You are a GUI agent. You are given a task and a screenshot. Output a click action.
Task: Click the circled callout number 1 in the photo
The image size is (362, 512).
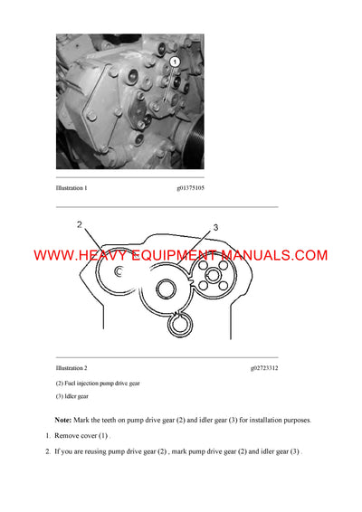pyautogui.click(x=174, y=62)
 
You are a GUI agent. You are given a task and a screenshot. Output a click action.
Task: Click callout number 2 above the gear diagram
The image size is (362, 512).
pyautogui.click(x=80, y=224)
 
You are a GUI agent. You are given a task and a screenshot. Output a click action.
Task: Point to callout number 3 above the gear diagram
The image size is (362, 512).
pyautogui.click(x=215, y=227)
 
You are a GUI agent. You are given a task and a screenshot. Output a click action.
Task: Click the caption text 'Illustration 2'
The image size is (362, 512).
pyautogui.click(x=72, y=369)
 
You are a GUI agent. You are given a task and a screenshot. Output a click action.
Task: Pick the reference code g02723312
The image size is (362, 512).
pyautogui.click(x=265, y=369)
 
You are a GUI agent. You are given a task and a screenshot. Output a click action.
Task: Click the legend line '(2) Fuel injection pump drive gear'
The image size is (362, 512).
pyautogui.click(x=98, y=384)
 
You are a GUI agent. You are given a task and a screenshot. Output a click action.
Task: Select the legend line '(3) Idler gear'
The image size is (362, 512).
pyautogui.click(x=72, y=396)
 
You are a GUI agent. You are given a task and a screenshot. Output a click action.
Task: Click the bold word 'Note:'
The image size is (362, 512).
pyautogui.click(x=62, y=421)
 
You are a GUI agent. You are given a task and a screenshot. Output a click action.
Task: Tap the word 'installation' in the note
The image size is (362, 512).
pyautogui.click(x=260, y=421)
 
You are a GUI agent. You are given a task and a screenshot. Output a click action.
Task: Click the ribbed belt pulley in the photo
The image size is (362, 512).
pyautogui.click(x=194, y=136)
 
